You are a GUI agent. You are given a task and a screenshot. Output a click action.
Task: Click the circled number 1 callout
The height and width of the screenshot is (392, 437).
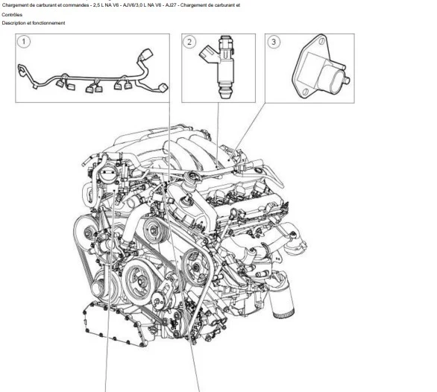pyautogui.click(x=24, y=42)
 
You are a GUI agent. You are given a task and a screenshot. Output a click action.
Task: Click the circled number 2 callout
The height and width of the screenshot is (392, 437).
pyautogui.click(x=189, y=42)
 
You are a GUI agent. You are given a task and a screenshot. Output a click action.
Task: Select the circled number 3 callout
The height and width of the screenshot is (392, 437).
pyautogui.click(x=274, y=42)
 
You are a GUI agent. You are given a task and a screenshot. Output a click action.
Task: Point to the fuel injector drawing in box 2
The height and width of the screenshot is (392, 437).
pyautogui.click(x=221, y=67)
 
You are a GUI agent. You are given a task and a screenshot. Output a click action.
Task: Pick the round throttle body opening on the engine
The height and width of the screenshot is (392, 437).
pyautogui.click(x=107, y=176)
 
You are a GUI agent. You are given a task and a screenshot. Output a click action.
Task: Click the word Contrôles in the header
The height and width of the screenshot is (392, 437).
pyautogui.click(x=12, y=15)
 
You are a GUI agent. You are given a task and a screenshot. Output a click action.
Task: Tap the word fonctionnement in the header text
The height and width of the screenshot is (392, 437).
pyautogui.click(x=48, y=23)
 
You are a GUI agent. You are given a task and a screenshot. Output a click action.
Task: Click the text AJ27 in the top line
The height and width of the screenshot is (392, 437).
pyautogui.click(x=171, y=5)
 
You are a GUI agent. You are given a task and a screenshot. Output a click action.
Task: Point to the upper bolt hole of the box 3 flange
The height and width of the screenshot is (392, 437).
pyautogui.click(x=322, y=41)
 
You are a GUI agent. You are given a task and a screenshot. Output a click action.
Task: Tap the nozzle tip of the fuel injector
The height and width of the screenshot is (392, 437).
pyautogui.click(x=226, y=94)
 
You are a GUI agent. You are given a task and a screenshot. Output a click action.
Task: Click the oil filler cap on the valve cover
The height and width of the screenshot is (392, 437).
pyautogui.click(x=192, y=176)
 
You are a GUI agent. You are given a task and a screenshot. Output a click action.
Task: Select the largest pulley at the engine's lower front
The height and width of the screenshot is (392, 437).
pyautogui.click(x=139, y=280)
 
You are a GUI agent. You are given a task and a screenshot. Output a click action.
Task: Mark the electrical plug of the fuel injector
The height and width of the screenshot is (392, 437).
pyautogui.click(x=207, y=54)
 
